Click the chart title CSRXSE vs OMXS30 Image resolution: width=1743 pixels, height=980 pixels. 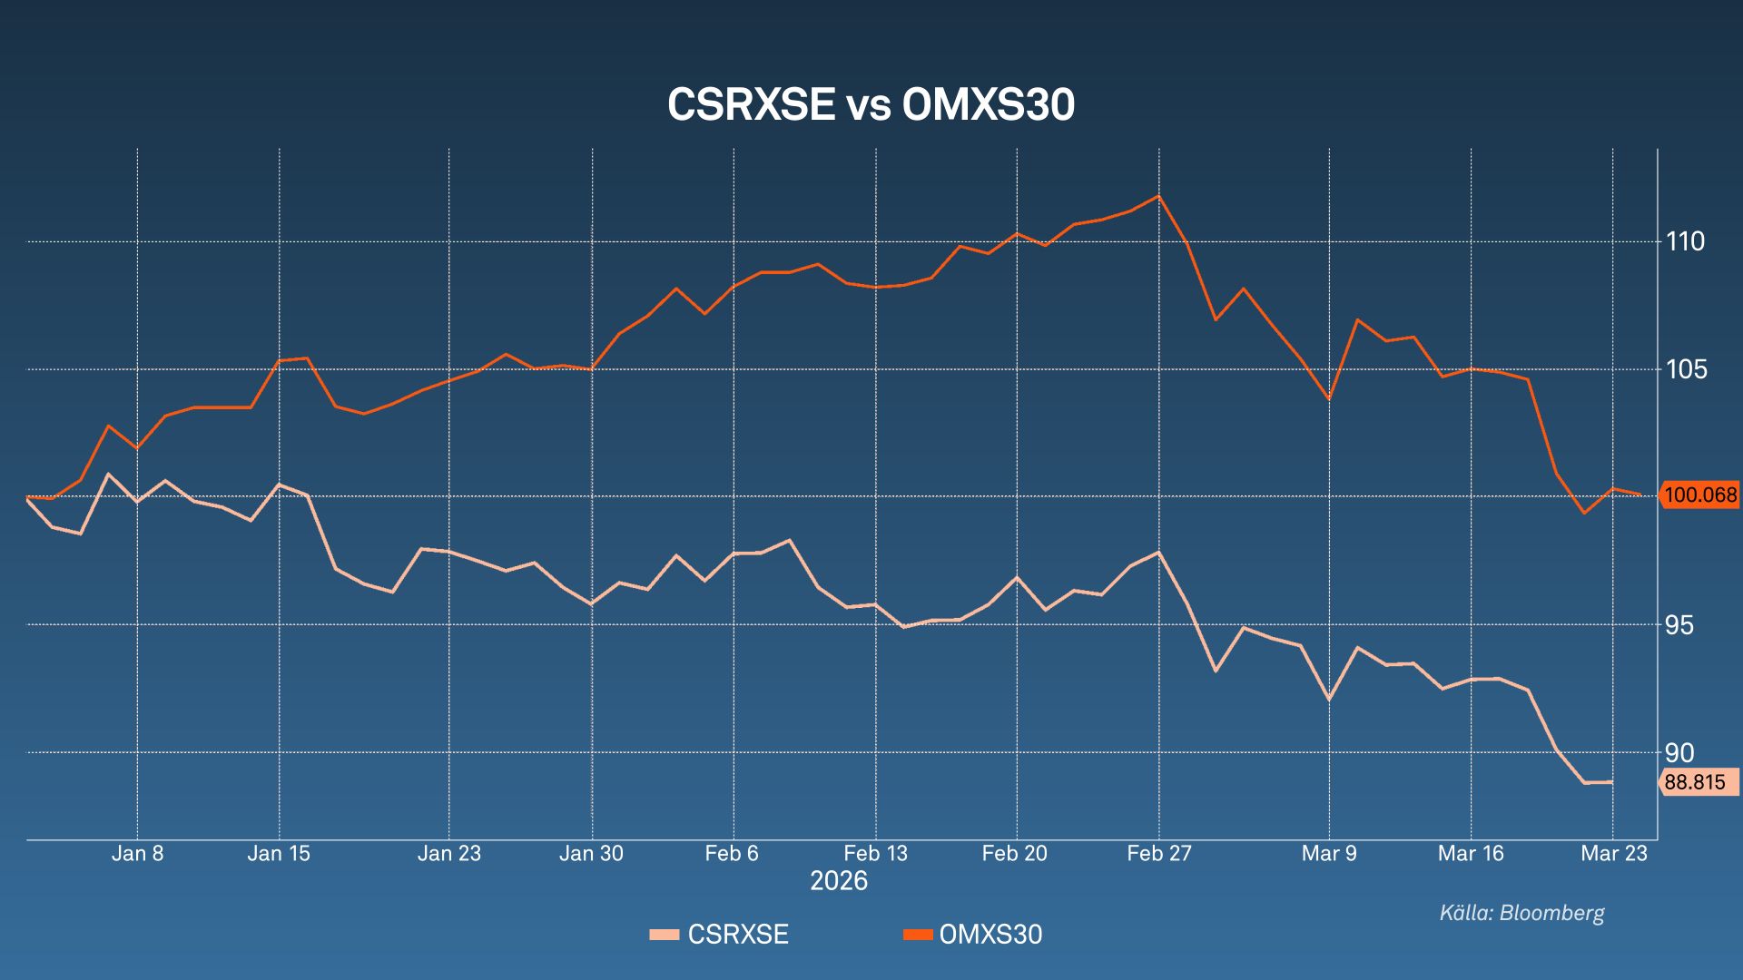point(871,105)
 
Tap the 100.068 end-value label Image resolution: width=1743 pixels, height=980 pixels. point(1700,495)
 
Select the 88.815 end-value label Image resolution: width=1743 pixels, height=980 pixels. point(1695,782)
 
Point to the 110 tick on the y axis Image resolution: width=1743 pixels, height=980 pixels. point(1685,241)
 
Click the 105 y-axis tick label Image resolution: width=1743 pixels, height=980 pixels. point(1685,369)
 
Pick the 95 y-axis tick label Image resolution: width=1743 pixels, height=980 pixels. point(1679,625)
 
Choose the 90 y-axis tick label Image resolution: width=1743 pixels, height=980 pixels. point(1679,752)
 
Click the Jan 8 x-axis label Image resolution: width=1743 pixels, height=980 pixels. point(138,854)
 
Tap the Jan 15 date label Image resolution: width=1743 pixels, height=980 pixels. point(279,854)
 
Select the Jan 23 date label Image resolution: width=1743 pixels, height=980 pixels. point(449,854)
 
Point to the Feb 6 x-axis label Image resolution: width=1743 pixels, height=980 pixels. point(732,854)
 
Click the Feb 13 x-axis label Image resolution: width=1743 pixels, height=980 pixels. point(875,854)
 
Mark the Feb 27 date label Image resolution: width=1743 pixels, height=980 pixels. point(1158,854)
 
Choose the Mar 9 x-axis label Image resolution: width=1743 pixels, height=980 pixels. point(1329,854)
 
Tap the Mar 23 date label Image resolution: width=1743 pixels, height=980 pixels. point(1614,854)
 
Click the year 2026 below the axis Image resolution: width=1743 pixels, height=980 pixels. point(839,881)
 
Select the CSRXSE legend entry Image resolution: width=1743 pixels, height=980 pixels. point(719,935)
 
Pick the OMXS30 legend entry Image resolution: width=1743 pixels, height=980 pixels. point(973,935)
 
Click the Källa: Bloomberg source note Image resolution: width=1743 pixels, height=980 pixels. point(1521,913)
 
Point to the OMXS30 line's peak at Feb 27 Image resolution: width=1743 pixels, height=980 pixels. point(1158,196)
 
